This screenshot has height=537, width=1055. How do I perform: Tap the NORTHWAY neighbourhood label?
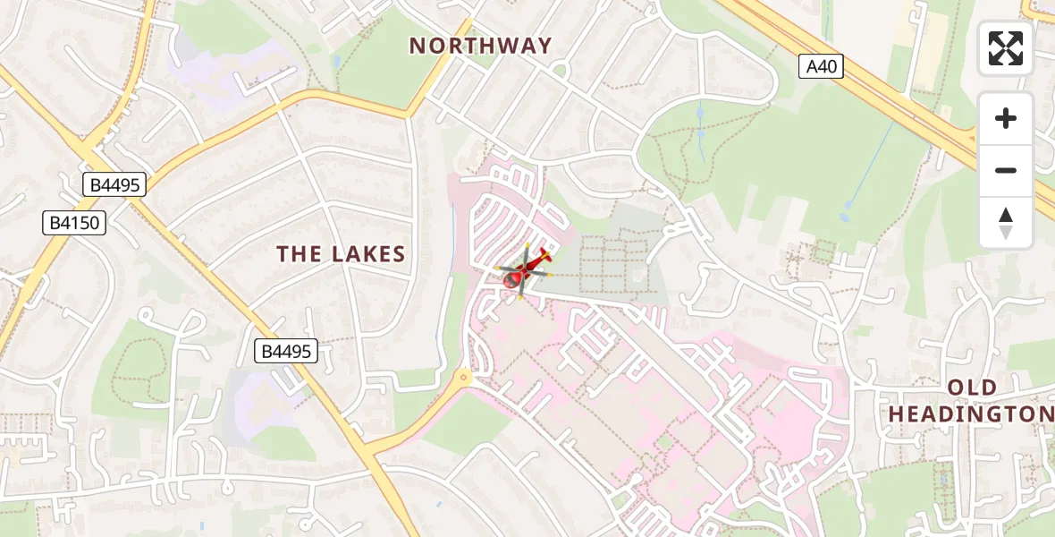click(x=481, y=46)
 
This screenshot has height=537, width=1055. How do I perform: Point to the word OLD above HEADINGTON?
click(x=973, y=388)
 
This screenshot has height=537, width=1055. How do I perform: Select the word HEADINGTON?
click(x=971, y=413)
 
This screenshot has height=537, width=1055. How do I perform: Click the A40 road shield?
click(x=821, y=66)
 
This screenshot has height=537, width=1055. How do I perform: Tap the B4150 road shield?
click(x=74, y=223)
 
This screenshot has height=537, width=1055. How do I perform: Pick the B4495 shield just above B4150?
click(x=114, y=185)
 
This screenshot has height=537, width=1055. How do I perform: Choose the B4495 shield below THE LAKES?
click(x=287, y=351)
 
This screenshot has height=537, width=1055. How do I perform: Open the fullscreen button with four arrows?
click(x=1006, y=48)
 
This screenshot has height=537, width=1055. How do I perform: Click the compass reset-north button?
click(x=1006, y=223)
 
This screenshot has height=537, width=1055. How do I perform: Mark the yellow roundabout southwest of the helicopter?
click(x=463, y=377)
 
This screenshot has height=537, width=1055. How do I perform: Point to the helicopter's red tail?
click(x=544, y=255)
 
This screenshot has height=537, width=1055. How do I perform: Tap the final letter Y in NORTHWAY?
click(x=544, y=46)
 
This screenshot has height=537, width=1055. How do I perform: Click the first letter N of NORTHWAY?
click(x=418, y=46)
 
